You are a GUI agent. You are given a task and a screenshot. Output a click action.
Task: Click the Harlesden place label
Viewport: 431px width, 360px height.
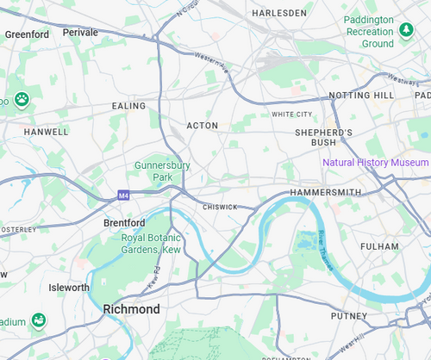click(278, 14)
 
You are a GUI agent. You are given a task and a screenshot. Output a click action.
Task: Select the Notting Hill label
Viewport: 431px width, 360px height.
click(360, 95)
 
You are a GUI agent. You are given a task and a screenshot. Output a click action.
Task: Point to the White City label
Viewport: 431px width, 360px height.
click(291, 114)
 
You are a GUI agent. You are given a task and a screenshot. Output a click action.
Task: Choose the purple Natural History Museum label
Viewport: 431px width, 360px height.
click(375, 163)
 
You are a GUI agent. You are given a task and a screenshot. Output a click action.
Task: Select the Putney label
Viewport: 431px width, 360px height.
click(348, 316)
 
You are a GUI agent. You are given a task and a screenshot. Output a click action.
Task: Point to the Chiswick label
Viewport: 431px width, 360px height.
click(220, 208)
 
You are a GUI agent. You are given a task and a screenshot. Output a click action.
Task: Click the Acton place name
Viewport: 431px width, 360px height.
click(203, 126)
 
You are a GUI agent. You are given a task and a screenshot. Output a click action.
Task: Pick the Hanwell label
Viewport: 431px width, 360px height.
click(47, 133)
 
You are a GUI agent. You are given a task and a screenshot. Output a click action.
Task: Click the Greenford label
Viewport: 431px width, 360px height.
click(27, 34)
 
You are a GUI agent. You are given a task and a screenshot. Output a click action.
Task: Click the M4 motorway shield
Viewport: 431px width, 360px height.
click(123, 196)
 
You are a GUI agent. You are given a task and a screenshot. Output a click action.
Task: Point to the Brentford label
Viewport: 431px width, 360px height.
click(123, 222)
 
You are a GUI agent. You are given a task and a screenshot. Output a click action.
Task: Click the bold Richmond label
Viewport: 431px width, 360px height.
click(131, 308)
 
